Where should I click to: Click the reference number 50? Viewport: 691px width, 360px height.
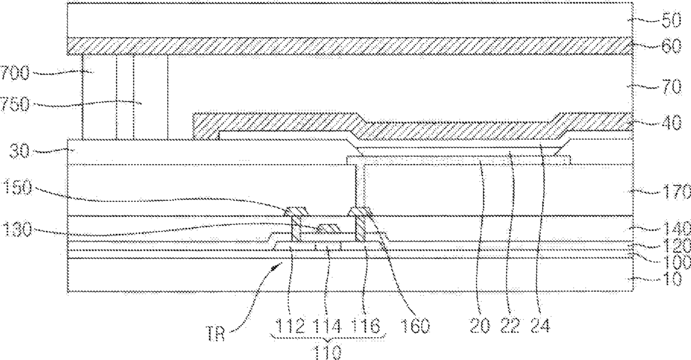pyautogui.click(x=672, y=21)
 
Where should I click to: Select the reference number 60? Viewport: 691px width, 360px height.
pyautogui.click(x=672, y=46)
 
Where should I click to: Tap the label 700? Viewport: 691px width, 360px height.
pyautogui.click(x=15, y=73)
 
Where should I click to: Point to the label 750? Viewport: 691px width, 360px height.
pyautogui.click(x=15, y=105)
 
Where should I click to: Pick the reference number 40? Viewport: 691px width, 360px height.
pyautogui.click(x=672, y=124)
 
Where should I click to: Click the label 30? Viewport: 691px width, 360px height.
pyautogui.click(x=19, y=152)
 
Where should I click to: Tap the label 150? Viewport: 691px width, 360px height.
pyautogui.click(x=18, y=188)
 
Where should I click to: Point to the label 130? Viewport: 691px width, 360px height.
pyautogui.click(x=18, y=229)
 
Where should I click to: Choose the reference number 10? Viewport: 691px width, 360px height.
pyautogui.click(x=672, y=279)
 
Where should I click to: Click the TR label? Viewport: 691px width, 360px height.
pyautogui.click(x=215, y=334)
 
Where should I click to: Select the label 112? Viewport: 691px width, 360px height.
pyautogui.click(x=290, y=327)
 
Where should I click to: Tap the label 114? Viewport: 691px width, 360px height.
pyautogui.click(x=327, y=327)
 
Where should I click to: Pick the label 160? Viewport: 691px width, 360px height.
pyautogui.click(x=415, y=327)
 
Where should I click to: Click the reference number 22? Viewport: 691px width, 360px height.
pyautogui.click(x=510, y=327)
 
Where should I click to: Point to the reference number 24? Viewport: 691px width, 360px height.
pyautogui.click(x=541, y=327)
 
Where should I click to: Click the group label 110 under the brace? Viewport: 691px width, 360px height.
pyautogui.click(x=327, y=353)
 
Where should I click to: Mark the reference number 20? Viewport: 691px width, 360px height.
pyautogui.click(x=480, y=327)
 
